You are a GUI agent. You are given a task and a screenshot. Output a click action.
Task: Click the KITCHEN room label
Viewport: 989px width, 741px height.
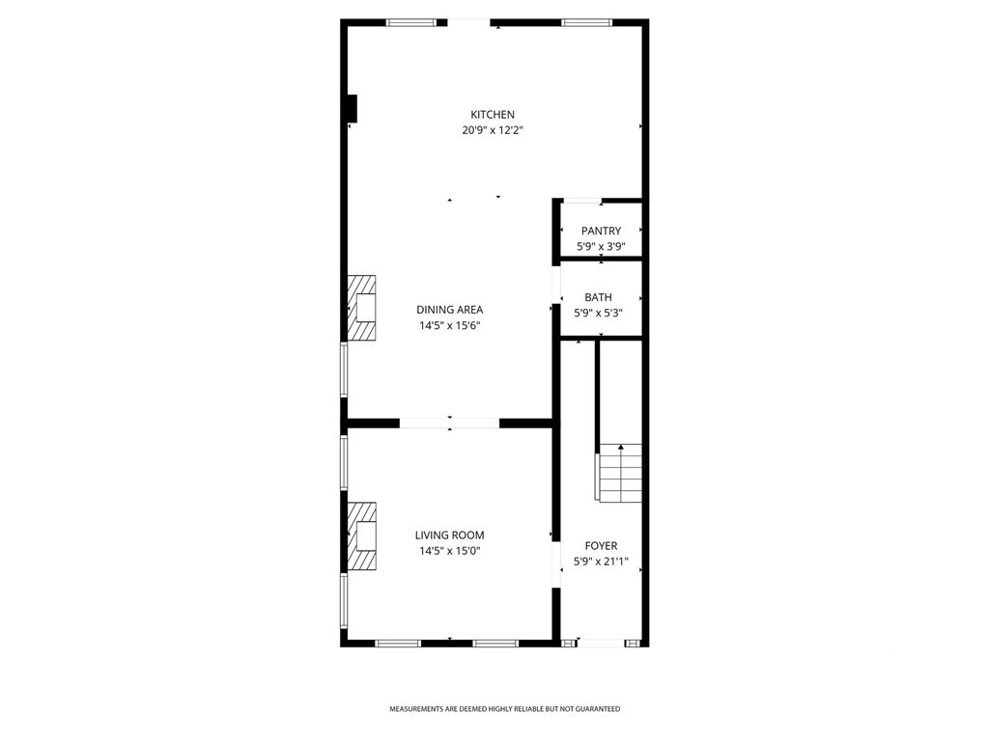tap(493, 115)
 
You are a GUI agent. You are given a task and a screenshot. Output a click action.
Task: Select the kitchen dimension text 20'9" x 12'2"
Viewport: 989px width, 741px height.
tap(493, 131)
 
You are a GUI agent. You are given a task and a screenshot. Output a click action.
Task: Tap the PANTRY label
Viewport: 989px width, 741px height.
tap(601, 232)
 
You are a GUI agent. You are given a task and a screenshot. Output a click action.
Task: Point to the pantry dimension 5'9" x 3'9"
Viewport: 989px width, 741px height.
tap(601, 247)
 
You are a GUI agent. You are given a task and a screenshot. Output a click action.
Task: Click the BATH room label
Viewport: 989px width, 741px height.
tap(598, 297)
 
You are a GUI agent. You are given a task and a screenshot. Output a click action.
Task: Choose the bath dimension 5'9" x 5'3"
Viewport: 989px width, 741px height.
tap(599, 314)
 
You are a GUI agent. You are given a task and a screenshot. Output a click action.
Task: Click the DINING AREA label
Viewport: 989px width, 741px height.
tap(450, 310)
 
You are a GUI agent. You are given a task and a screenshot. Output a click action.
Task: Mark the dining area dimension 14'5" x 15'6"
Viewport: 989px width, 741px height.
tap(450, 326)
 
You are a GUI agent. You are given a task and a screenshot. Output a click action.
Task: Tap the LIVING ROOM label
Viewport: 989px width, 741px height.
tap(450, 535)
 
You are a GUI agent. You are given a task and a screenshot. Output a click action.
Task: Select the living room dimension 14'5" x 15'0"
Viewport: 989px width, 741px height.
tap(450, 551)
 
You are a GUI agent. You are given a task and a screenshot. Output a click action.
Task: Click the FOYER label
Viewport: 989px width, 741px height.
tap(601, 546)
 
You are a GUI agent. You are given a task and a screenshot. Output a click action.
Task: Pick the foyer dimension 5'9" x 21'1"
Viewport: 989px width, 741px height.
tap(601, 563)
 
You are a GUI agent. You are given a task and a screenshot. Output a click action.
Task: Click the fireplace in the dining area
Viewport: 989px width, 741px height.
tap(362, 308)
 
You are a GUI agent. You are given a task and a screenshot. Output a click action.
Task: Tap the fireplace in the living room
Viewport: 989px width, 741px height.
tap(362, 536)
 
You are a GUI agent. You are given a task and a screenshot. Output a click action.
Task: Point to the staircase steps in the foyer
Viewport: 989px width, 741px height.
tap(619, 473)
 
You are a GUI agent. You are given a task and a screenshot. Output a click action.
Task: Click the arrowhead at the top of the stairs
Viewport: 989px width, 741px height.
tap(621, 447)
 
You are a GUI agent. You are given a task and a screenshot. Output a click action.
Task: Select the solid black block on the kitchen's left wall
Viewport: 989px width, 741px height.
tap(353, 108)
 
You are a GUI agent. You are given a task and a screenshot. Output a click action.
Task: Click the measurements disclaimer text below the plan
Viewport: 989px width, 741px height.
tap(504, 709)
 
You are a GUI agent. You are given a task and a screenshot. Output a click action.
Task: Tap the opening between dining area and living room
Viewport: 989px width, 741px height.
tap(450, 423)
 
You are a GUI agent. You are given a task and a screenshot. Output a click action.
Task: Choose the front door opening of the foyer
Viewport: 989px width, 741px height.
tap(601, 644)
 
